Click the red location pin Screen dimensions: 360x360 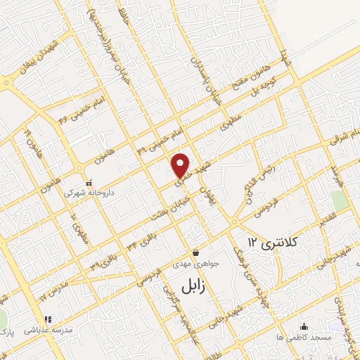click(x=181, y=165)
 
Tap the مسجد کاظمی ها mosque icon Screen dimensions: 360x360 click(x=304, y=326)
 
